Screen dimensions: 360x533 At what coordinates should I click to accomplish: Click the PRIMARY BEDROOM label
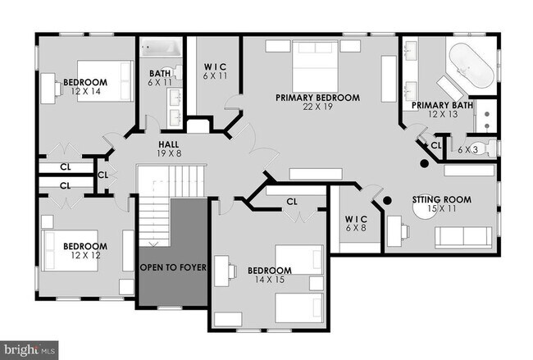coord(317,98)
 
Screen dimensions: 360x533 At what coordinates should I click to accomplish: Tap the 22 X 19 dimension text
coord(317,107)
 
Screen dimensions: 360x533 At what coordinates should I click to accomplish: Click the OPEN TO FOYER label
coord(172,267)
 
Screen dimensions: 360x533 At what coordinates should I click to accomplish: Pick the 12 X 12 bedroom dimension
coord(85,256)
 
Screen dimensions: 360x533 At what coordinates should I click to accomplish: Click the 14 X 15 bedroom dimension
coord(269,280)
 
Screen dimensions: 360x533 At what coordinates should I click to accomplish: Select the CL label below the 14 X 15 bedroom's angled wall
coord(292,200)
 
